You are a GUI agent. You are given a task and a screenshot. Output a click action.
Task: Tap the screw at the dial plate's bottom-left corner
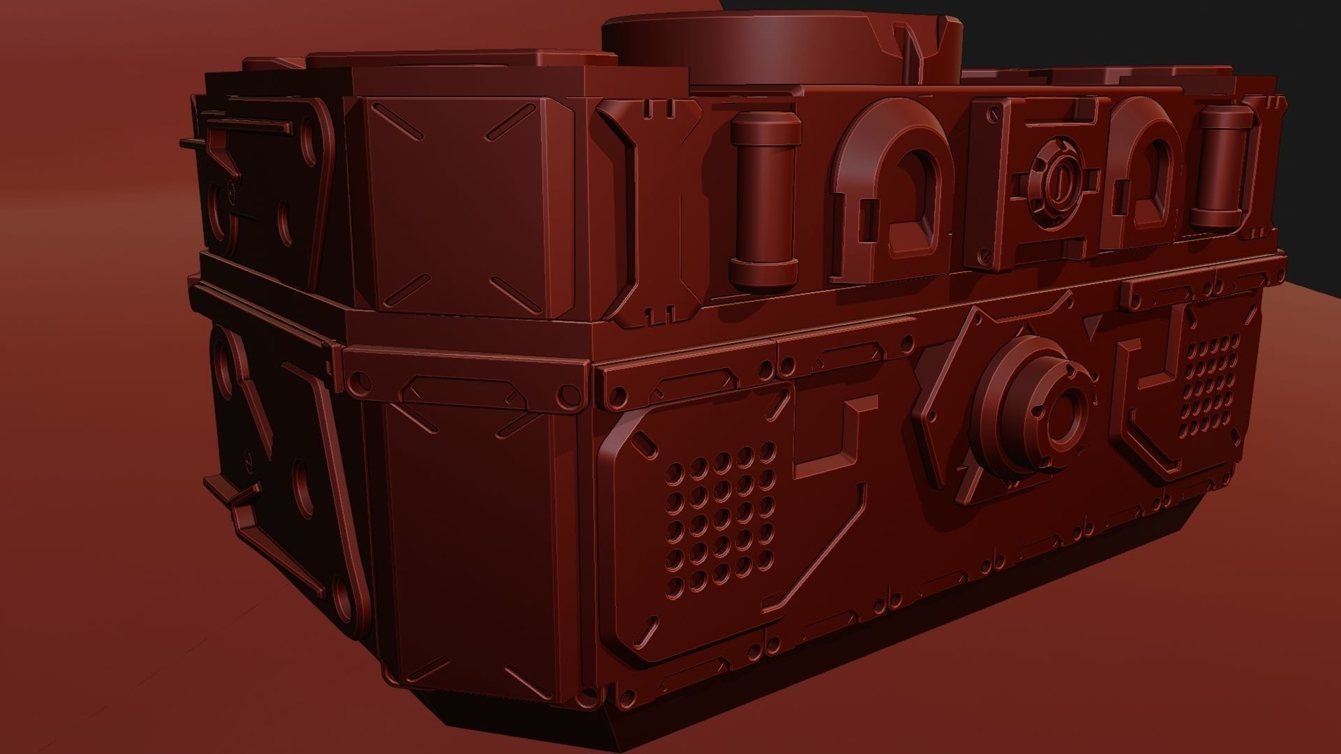tap(985, 258)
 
